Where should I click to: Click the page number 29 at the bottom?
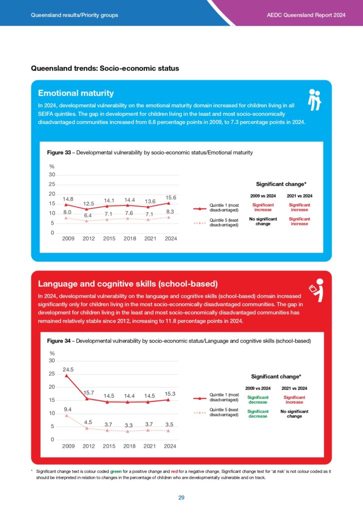(181, 497)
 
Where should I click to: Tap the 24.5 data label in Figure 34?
(68, 369)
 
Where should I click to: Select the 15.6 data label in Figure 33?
(171, 197)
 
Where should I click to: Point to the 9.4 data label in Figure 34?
(68, 409)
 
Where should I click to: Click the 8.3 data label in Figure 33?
(170, 212)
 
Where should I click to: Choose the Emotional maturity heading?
(76, 93)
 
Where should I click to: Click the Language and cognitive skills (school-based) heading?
(128, 284)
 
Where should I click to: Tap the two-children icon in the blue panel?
(314, 100)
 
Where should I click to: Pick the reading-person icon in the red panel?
(316, 290)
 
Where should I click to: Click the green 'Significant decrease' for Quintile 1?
(258, 400)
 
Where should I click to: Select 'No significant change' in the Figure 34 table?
(294, 414)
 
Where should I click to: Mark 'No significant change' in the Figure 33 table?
(263, 221)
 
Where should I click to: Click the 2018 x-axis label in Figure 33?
(130, 238)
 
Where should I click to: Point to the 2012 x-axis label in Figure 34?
(88, 446)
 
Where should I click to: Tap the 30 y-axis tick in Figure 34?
(52, 361)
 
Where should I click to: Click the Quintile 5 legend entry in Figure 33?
(216, 222)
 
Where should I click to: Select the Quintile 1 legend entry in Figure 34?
(216, 397)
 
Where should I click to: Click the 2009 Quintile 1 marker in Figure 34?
(67, 376)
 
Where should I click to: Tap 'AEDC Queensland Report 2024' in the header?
(306, 15)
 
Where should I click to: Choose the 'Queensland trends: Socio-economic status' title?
(105, 68)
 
